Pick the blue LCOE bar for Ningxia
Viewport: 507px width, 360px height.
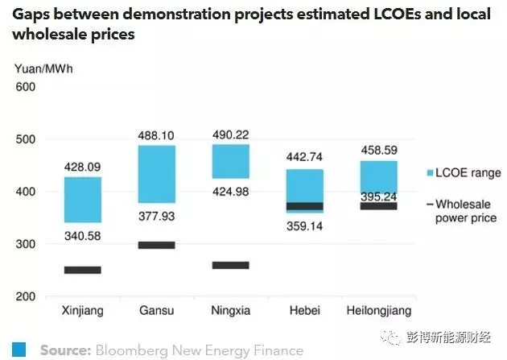coord(230,161)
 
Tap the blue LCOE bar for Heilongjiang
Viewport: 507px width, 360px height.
coord(377,176)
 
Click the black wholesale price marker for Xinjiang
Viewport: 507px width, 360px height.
coord(82,270)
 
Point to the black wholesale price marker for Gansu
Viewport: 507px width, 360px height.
coord(156,245)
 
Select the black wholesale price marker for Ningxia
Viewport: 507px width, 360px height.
coord(230,265)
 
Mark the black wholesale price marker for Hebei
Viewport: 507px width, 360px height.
coord(304,206)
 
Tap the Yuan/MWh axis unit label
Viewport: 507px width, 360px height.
coord(38,68)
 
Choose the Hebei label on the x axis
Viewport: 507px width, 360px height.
coord(304,310)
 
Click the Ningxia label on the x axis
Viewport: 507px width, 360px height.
coord(230,310)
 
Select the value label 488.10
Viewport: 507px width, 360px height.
coord(156,137)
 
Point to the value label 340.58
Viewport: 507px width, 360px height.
coord(82,235)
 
